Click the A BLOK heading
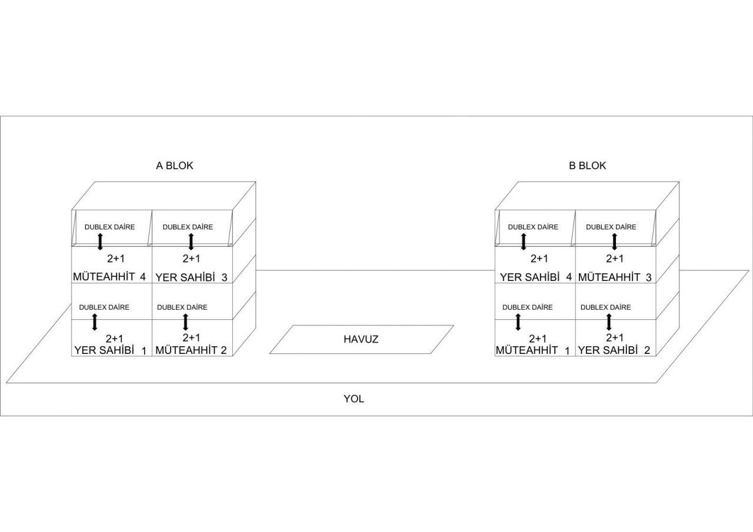pos(175,166)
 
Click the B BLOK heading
pos(587,166)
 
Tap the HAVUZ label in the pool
pos(361,339)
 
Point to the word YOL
pos(354,399)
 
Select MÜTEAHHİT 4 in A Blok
pos(109,276)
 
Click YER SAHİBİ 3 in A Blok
pos(191,277)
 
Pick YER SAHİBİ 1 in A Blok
pos(110,350)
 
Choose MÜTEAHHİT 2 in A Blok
pos(191,350)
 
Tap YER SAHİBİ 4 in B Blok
pos(535,277)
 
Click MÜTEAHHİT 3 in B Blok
pos(615,277)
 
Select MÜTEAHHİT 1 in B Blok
pos(532,350)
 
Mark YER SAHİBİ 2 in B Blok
pos(614,350)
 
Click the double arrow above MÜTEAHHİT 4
pos(100,242)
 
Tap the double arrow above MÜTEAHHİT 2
pos(185,322)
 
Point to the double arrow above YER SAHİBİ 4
pos(523,242)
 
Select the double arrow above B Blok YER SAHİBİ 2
pos(608,322)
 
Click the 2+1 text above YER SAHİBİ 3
pos(191,258)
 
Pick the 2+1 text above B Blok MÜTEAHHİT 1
pos(538,338)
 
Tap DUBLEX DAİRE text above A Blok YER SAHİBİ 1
pos(104,307)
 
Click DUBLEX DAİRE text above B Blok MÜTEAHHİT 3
pos(611,227)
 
